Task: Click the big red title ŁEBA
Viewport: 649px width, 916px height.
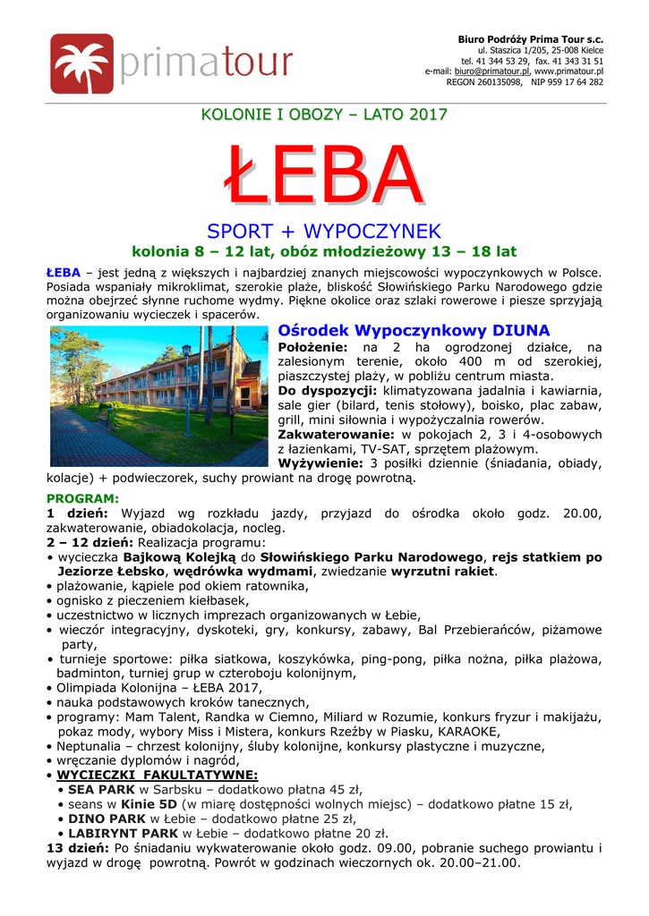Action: click(x=323, y=176)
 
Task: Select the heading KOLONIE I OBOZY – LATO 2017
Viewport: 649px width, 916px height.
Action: click(x=323, y=114)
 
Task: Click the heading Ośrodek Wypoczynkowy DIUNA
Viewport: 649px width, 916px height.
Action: click(x=414, y=331)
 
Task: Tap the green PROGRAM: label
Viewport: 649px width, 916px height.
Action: click(x=81, y=497)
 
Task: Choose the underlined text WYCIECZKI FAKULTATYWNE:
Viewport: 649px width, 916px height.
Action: click(x=157, y=775)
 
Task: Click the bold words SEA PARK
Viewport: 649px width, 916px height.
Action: click(x=102, y=789)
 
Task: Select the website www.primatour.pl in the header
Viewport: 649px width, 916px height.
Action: click(x=568, y=71)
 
